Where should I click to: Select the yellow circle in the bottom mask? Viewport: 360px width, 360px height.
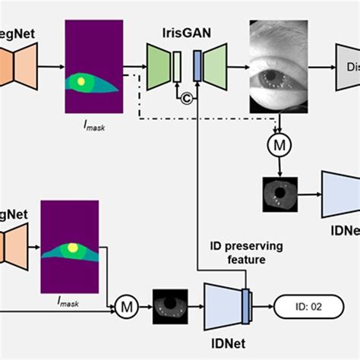click(73, 247)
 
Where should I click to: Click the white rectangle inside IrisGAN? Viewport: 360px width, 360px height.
click(176, 65)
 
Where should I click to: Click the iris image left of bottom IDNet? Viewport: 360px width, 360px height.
click(170, 306)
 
